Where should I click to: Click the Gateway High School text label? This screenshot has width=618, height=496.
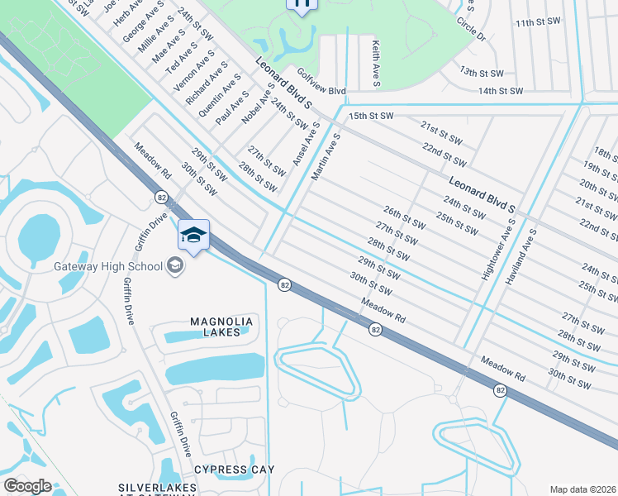coord(107,265)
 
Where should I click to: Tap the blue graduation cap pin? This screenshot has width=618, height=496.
coord(193,236)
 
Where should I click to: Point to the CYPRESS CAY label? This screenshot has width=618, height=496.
coord(234,470)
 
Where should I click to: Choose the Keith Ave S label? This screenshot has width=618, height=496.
coord(375,64)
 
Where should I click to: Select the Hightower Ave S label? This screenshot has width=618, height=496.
coord(498,246)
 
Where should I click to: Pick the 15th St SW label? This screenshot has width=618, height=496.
coord(371,117)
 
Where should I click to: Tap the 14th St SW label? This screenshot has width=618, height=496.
coord(500,90)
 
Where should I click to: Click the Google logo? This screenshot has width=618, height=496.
coord(26,486)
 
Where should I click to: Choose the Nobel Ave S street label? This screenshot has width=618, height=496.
coord(257,107)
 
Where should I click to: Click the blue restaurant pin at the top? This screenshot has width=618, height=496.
coord(302,4)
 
